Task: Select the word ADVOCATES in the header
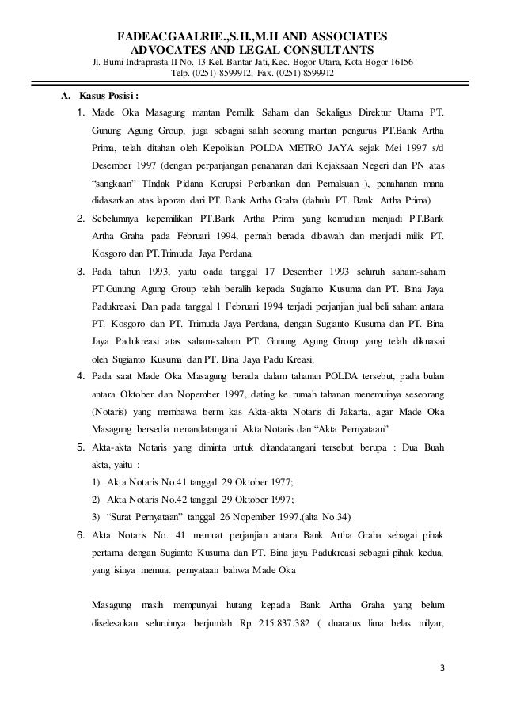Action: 163,49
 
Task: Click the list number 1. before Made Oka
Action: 81,118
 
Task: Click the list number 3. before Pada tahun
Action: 81,272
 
